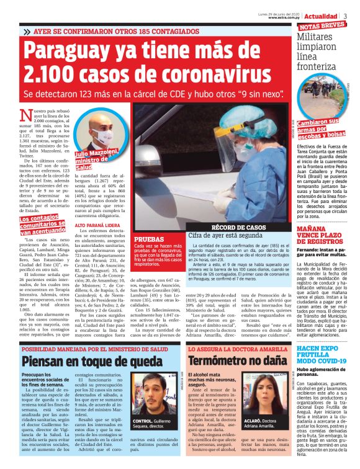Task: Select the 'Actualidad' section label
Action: tap(322, 15)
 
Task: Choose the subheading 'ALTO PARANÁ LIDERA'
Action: tap(96, 225)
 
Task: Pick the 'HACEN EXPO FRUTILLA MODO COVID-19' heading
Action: tap(322, 356)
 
